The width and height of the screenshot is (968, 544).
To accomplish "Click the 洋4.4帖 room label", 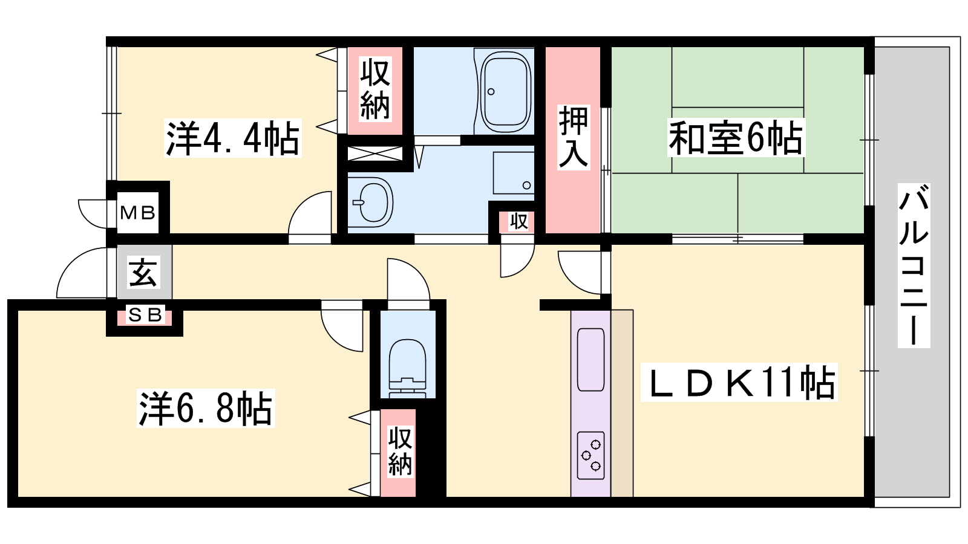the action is (232, 138).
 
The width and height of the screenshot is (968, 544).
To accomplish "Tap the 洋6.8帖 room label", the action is (206, 408).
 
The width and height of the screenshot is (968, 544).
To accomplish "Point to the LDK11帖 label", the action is (739, 383).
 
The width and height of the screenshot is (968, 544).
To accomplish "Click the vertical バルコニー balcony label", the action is (914, 265).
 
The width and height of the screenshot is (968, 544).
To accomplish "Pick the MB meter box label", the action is (137, 212).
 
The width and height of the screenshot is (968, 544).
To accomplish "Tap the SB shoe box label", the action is (145, 316).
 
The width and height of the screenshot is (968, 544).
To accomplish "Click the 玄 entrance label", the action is (143, 273).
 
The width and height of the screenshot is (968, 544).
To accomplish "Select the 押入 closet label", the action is (574, 137).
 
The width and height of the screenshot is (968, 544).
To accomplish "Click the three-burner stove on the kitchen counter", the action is (590, 456).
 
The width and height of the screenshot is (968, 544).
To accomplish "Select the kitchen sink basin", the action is (590, 360).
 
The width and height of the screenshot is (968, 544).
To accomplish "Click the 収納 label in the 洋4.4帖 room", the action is (375, 89).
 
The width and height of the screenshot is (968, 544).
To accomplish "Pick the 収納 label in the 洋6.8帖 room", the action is (400, 452).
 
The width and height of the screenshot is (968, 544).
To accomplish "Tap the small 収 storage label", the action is (518, 221).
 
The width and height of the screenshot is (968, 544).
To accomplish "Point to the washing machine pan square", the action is (514, 173).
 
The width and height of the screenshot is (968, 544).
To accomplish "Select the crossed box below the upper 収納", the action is (375, 154).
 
